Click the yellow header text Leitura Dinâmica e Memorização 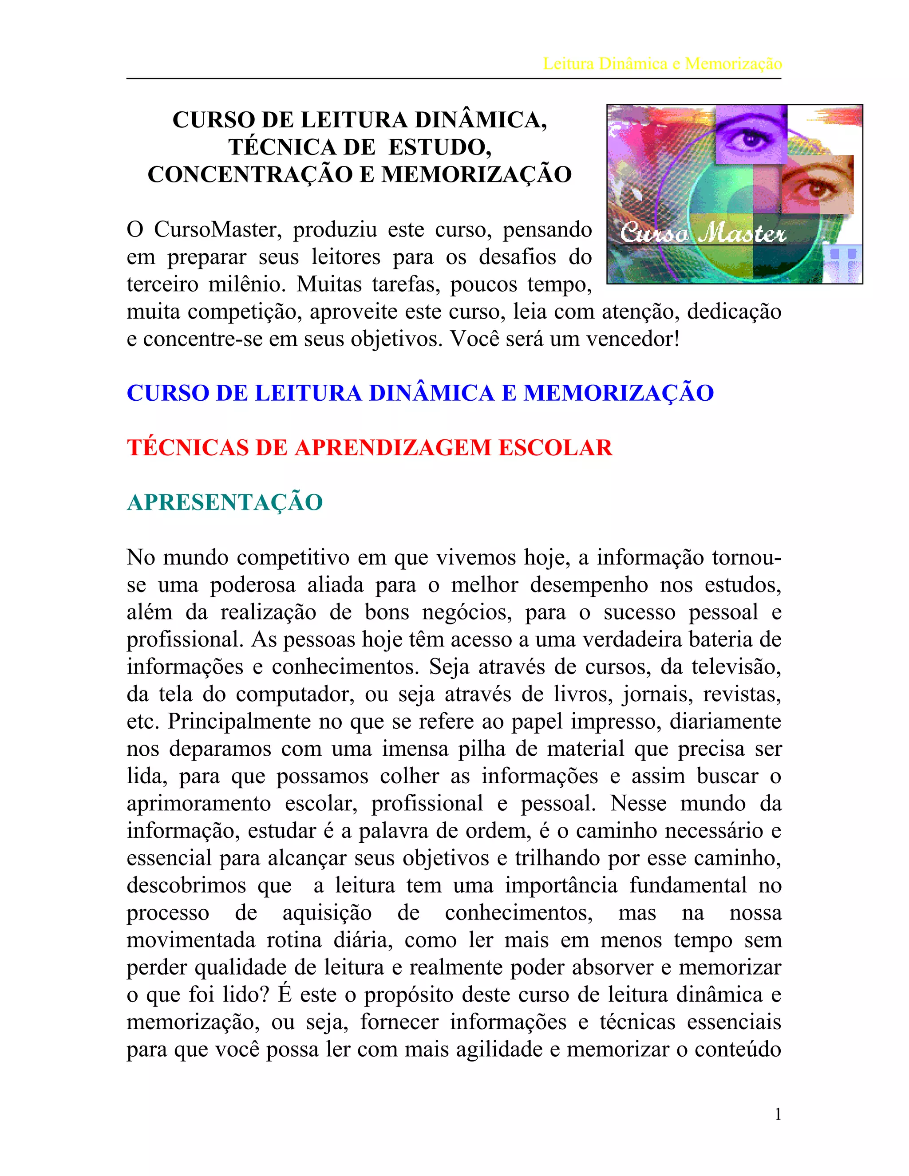point(662,63)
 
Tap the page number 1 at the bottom point(778,1114)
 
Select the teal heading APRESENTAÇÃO point(225,502)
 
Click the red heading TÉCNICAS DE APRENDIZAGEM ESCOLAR point(369,447)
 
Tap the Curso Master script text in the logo point(703,233)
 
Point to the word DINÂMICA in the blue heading point(431,393)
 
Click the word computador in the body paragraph point(295,694)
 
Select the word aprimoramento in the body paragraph point(199,803)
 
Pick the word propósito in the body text point(409,994)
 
